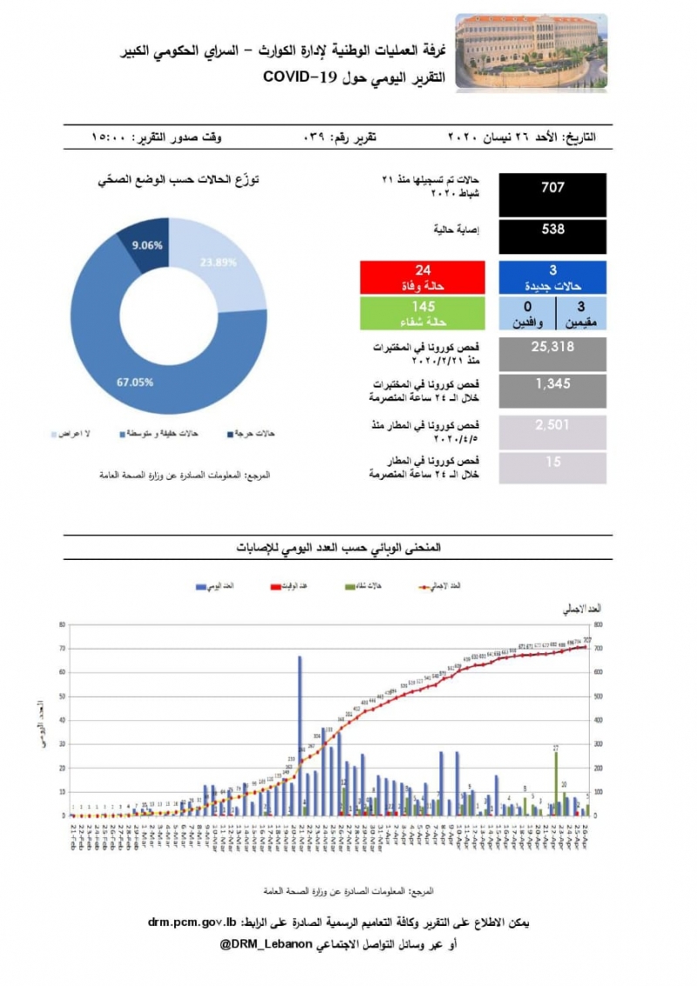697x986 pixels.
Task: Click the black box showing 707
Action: pyautogui.click(x=552, y=194)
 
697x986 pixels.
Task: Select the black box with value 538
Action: pyautogui.click(x=552, y=236)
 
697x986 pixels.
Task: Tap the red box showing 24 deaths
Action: pyautogui.click(x=423, y=276)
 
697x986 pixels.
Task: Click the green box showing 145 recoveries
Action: pyautogui.click(x=423, y=312)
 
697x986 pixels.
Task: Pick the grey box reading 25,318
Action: pyautogui.click(x=552, y=354)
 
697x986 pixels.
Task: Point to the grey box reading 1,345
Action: pyautogui.click(x=552, y=389)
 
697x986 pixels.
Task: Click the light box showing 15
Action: pyautogui.click(x=552, y=466)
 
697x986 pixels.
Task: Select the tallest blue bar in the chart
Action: pyautogui.click(x=300, y=736)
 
